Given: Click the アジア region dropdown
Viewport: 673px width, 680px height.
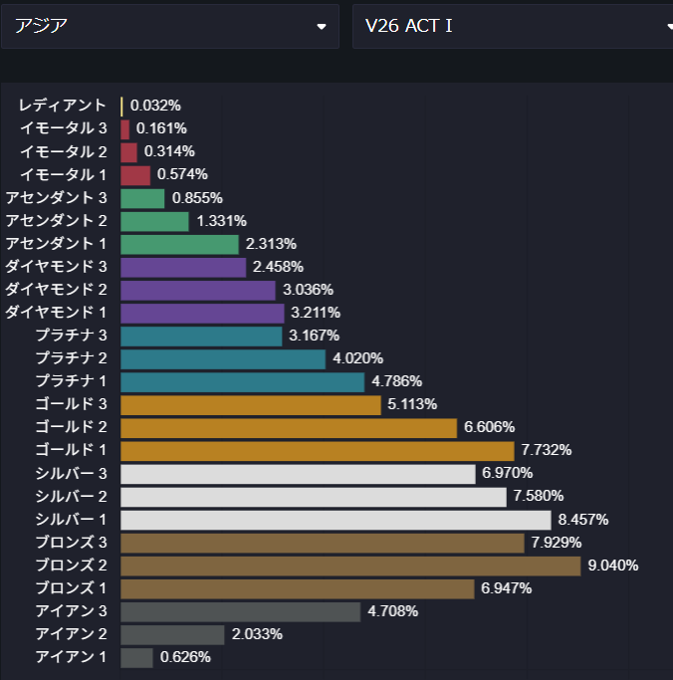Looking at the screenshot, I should click(x=169, y=26).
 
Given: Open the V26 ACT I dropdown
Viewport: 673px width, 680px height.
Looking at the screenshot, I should click(x=513, y=26).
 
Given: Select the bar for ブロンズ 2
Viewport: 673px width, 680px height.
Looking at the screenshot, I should click(x=350, y=566).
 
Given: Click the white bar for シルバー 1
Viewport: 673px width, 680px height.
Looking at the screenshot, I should click(x=336, y=520).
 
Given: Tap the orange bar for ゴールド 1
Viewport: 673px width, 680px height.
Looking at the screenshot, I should click(x=318, y=450).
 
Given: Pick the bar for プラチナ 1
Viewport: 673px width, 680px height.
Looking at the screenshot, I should click(x=243, y=381).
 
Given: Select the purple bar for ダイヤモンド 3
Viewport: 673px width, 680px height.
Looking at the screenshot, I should click(x=183, y=267).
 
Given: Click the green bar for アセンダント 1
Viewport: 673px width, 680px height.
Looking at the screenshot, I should click(x=179, y=244).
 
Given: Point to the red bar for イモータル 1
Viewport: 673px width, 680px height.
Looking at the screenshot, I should click(x=135, y=175).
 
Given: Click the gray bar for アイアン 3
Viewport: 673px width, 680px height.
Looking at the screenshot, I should click(x=240, y=611).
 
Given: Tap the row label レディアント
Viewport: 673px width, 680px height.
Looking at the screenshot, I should click(x=62, y=106).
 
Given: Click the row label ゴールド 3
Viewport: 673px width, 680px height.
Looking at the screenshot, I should click(x=71, y=404).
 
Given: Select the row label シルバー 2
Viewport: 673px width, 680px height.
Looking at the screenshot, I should click(x=71, y=496).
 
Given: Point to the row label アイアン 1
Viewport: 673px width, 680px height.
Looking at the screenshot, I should click(x=71, y=657).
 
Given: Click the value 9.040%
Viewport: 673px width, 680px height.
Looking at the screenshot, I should click(x=613, y=566).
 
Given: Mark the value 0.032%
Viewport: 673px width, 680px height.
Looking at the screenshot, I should click(x=155, y=106).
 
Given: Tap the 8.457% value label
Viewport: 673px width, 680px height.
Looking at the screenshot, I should click(x=583, y=520).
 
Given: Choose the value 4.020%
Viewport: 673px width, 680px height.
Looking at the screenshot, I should click(x=358, y=358).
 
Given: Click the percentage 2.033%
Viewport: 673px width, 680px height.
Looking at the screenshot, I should click(x=258, y=634).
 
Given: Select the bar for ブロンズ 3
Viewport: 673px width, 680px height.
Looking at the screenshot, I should click(x=323, y=543).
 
